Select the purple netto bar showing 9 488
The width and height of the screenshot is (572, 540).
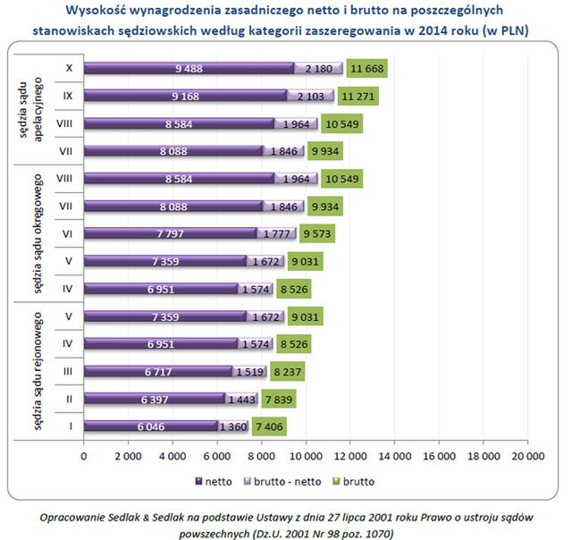189,68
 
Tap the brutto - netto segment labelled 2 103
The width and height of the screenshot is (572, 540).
310,96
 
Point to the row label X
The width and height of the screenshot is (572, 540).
69,68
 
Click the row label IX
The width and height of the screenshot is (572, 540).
69,96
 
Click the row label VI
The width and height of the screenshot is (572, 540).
69,233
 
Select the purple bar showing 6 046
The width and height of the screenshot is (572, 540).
151,426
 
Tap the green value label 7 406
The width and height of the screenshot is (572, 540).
269,426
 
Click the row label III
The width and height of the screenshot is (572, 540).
69,371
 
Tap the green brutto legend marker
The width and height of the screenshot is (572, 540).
340,481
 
